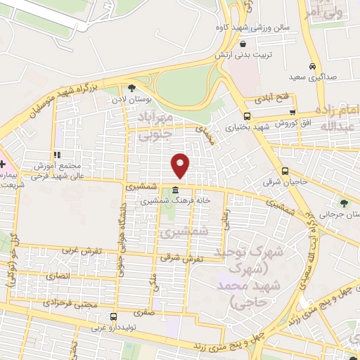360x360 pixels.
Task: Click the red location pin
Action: pos(181,165)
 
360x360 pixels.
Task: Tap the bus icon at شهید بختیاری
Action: pos(246,117)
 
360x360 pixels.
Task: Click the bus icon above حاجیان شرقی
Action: pos(285,170)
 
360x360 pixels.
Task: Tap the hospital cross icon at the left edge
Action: pos(4,164)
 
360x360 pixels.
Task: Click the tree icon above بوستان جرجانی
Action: pos(343,203)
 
